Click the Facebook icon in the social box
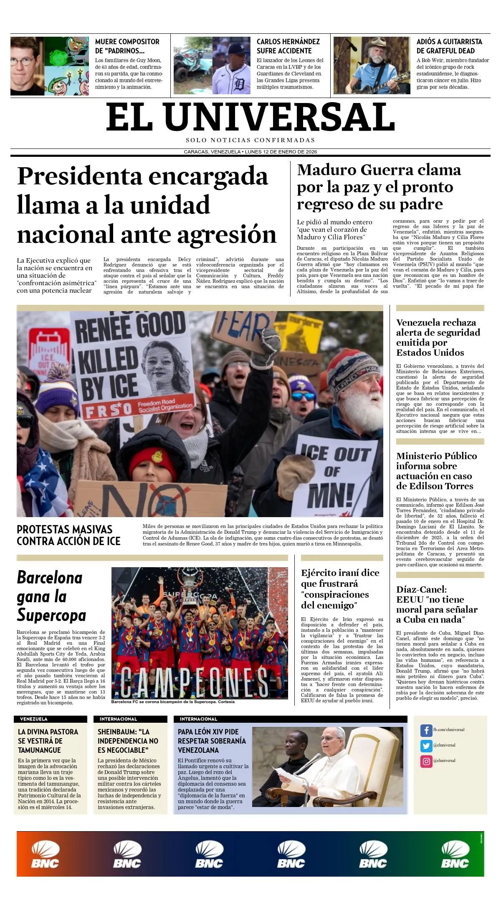coord(426,730)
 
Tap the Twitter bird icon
coord(426,746)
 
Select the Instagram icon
coord(426,761)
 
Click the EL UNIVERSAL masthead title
coord(250,117)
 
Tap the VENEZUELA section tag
coord(34,719)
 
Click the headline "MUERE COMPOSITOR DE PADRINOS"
coord(127,46)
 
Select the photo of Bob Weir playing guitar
coord(372,65)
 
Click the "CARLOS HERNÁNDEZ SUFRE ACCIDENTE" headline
coord(288,46)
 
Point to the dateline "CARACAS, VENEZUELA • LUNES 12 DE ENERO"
coord(250,152)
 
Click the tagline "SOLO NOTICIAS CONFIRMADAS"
coord(250,141)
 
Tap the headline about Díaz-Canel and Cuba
coord(436,604)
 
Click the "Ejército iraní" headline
coord(340,589)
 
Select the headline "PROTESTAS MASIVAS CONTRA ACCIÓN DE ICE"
coord(68,535)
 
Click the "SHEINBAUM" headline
coord(128,741)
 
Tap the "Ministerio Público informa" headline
coord(436,471)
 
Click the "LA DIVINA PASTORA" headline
coord(48,741)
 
